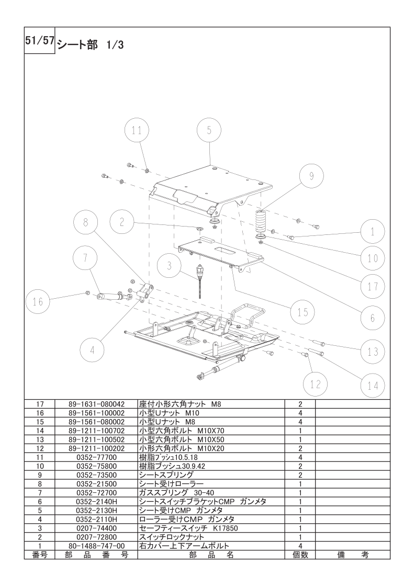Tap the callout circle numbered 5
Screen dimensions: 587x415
pos(209,130)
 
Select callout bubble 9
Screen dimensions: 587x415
pos(311,176)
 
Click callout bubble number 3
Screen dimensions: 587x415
pos(169,265)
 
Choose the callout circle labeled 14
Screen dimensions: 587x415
pos(373,386)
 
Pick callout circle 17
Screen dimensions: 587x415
pos(373,286)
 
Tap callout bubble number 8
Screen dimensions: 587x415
pos(85,222)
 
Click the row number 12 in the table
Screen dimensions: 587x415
pos(40,448)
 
